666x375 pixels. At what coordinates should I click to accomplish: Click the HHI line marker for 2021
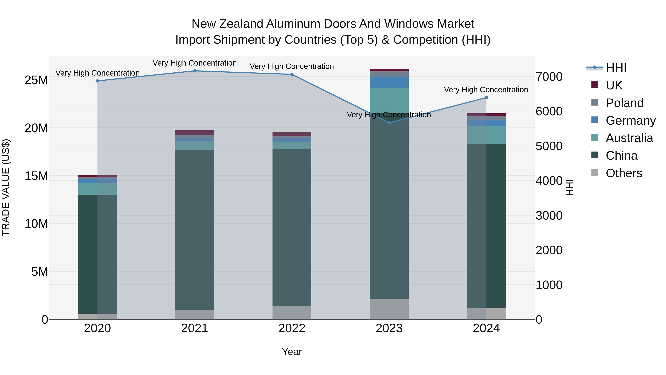pos(195,71)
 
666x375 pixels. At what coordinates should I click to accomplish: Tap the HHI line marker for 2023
pos(389,123)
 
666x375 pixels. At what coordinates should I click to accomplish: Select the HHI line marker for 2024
pos(486,98)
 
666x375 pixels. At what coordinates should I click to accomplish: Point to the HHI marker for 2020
pos(97,81)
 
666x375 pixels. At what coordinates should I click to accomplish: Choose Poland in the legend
pos(624,103)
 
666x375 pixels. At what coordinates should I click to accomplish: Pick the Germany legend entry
pos(630,121)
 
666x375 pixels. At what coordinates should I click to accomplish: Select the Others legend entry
pos(624,173)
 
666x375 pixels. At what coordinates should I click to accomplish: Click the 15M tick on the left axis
pos(36,176)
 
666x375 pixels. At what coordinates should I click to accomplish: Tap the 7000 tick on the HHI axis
pos(549,77)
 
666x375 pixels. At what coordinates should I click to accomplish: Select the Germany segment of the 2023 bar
pos(389,82)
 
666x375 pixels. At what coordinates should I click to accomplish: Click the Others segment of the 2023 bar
pos(389,309)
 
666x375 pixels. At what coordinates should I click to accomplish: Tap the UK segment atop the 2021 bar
pos(195,133)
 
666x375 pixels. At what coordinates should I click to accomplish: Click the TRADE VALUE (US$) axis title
pos(6,187)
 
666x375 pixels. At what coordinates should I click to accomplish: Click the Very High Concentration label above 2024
pos(486,90)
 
